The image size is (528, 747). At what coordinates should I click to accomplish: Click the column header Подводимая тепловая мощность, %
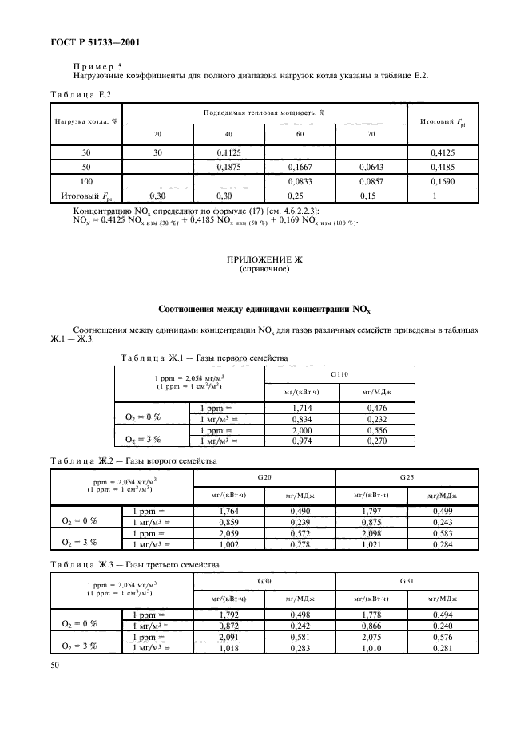[x=264, y=113]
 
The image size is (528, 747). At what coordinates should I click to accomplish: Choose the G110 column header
[x=339, y=373]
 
